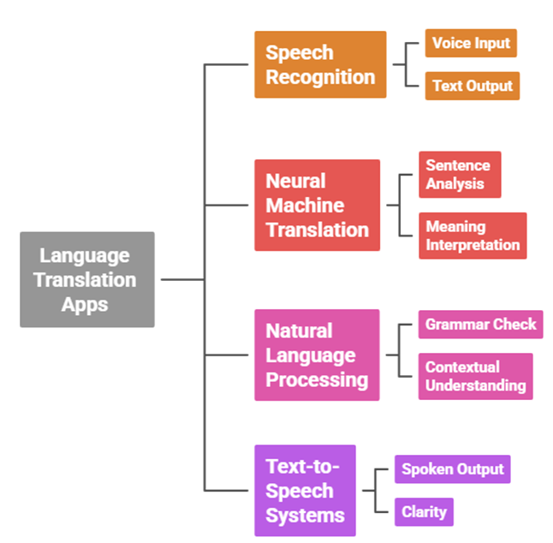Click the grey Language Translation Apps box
(x=86, y=279)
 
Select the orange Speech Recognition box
(x=319, y=64)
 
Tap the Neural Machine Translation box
(x=317, y=206)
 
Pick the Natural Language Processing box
(x=317, y=355)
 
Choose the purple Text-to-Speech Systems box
(x=305, y=491)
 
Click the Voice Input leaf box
(x=471, y=43)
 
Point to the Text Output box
(x=472, y=86)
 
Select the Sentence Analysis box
(x=459, y=174)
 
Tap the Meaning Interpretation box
(x=473, y=236)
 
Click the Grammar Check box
(x=480, y=325)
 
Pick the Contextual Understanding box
(x=475, y=376)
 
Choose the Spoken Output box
(x=452, y=469)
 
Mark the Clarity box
(x=425, y=512)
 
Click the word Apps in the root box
(x=85, y=304)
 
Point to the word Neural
(x=295, y=182)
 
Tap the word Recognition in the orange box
(x=320, y=77)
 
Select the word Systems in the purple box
(x=305, y=516)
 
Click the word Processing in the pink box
(x=317, y=379)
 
